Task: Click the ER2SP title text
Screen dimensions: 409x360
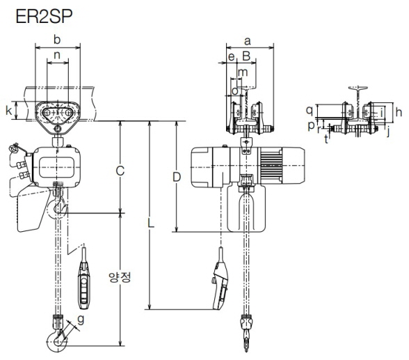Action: [44, 17]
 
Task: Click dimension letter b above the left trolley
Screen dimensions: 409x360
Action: [57, 40]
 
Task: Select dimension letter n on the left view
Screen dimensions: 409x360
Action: [57, 55]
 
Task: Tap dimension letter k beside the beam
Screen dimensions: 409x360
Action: [9, 111]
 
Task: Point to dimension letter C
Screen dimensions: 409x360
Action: [120, 171]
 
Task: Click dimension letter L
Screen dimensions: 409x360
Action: [150, 224]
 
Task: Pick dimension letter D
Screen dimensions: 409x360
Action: [177, 178]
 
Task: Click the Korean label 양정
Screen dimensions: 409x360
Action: [120, 277]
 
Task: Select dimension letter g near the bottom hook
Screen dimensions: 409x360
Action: [81, 320]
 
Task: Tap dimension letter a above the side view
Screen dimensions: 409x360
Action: [248, 41]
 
